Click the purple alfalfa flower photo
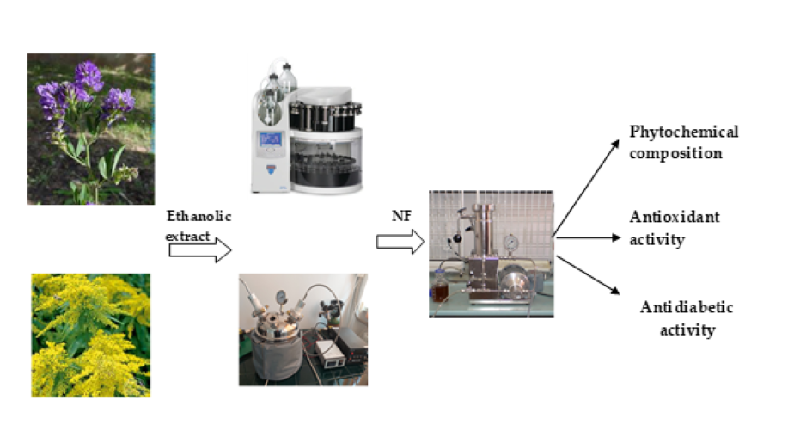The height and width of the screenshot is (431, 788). (90, 128)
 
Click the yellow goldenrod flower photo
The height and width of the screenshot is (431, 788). (90, 335)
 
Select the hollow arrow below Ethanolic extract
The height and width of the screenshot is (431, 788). (199, 250)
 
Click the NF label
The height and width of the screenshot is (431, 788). (400, 216)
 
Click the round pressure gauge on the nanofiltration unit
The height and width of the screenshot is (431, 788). (513, 243)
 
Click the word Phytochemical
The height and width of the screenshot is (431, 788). (683, 132)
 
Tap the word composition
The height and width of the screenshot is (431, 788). (674, 154)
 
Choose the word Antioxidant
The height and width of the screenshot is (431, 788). (675, 217)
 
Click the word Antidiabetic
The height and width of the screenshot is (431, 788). (687, 308)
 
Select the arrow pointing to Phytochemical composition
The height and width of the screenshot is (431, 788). (586, 185)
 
